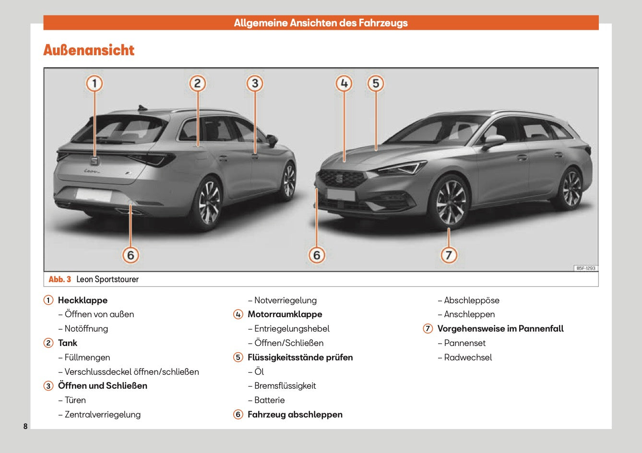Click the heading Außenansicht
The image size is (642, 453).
[x=89, y=50]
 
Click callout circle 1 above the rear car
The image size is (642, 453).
[x=95, y=83]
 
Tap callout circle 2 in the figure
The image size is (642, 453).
[x=197, y=83]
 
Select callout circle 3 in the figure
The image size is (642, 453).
[x=255, y=83]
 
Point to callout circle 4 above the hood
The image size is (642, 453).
[x=344, y=83]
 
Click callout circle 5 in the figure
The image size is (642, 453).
[x=376, y=83]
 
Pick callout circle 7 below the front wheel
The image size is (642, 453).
[x=449, y=255]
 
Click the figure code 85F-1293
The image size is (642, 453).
[x=585, y=268]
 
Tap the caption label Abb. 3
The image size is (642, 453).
[x=59, y=279]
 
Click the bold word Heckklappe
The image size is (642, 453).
[x=83, y=300]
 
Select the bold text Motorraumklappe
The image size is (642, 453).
[x=285, y=314]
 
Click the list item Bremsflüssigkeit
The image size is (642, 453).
[x=285, y=386]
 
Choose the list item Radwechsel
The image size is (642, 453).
[x=468, y=358]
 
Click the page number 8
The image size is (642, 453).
[x=25, y=426]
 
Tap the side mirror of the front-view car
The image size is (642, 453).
[x=494, y=141]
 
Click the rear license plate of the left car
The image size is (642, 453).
[x=94, y=195]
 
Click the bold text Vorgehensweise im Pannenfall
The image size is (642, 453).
[x=500, y=329]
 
